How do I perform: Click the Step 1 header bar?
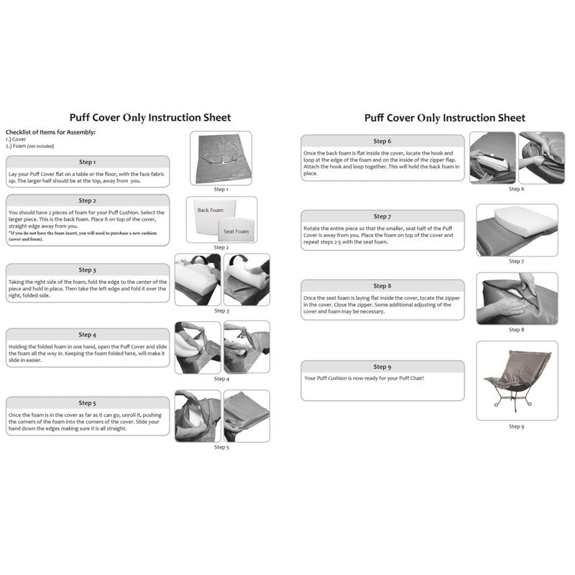point(87,162)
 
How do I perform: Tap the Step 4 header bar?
point(87,334)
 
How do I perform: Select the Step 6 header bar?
point(382,142)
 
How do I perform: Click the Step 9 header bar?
point(382,367)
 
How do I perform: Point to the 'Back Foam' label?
point(211,211)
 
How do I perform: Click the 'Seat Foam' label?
point(235,231)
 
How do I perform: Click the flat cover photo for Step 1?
point(221,157)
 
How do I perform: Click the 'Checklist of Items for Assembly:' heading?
point(50,132)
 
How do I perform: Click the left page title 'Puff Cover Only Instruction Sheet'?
point(149,117)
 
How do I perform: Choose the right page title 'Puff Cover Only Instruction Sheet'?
point(444,117)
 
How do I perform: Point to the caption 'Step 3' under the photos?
point(221,310)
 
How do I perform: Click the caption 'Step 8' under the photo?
point(516,330)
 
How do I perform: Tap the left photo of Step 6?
point(492,157)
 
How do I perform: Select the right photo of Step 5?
point(247,415)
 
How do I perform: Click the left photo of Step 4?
point(198,346)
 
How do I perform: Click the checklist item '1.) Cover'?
point(17,139)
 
